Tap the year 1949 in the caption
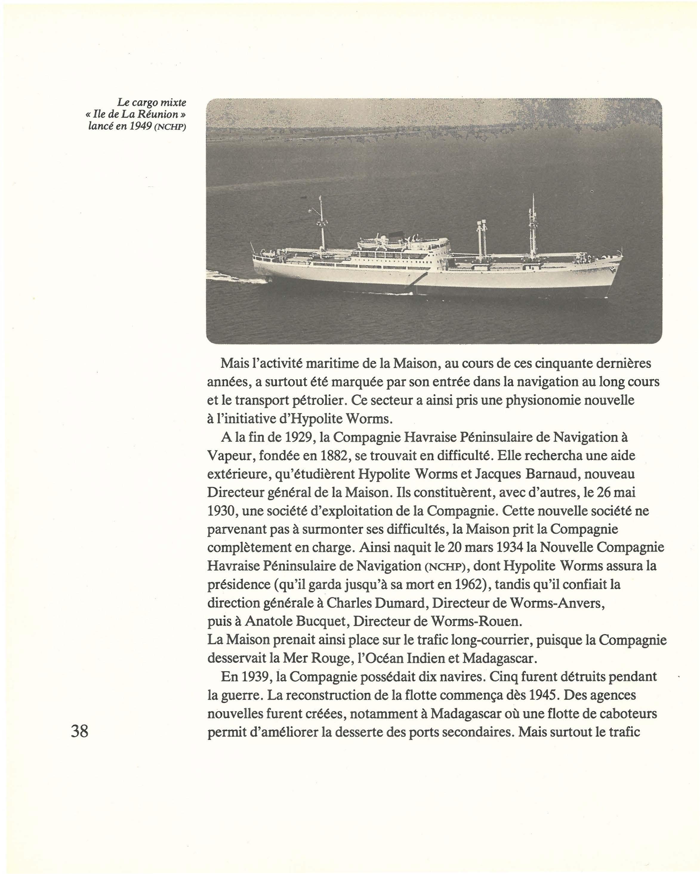point(141,126)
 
